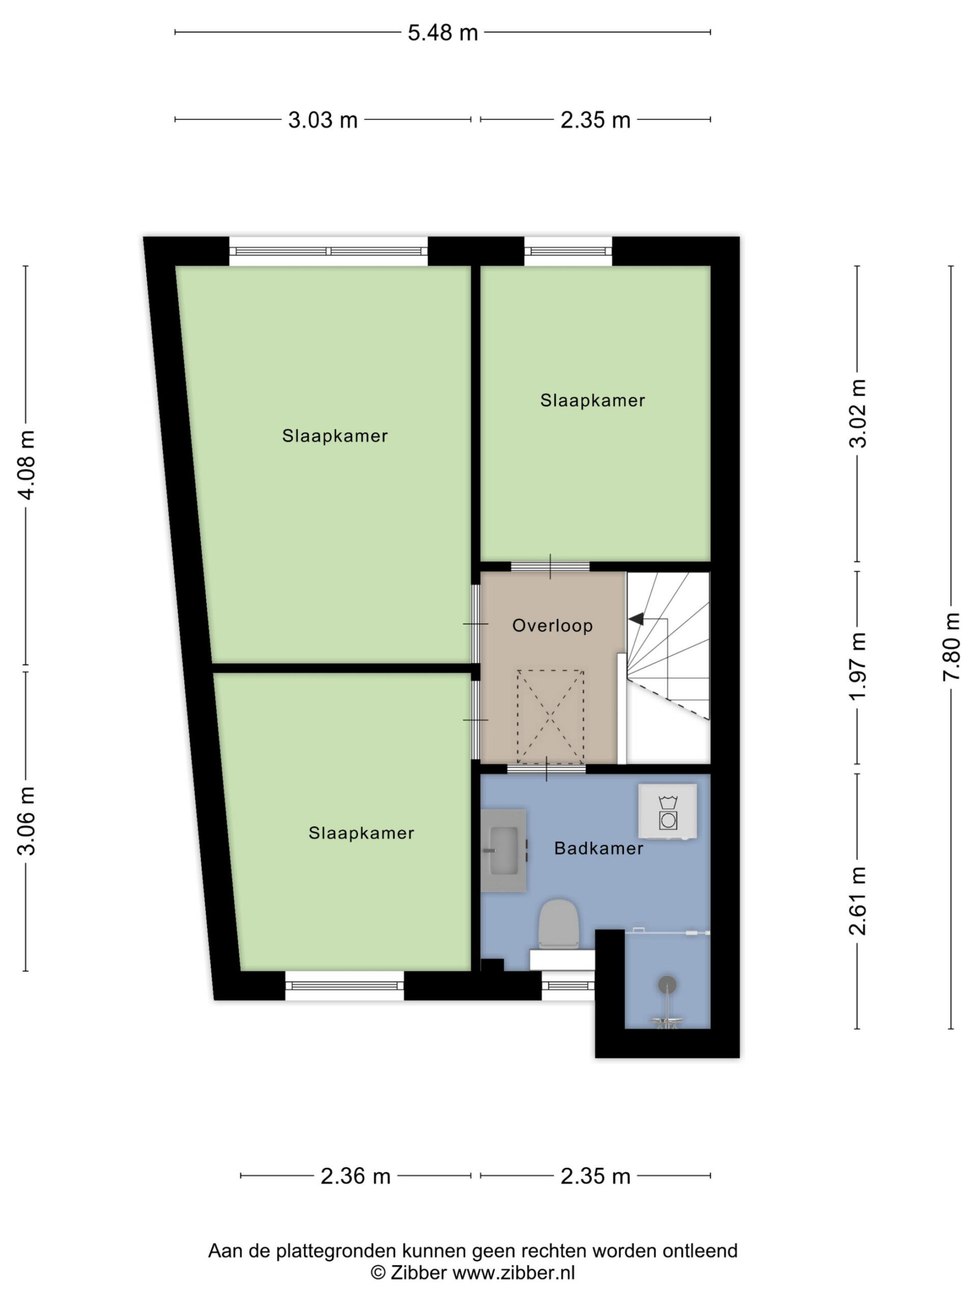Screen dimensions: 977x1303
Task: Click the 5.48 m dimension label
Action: click(442, 33)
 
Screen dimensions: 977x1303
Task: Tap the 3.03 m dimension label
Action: click(323, 120)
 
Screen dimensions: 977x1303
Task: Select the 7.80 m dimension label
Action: click(951, 647)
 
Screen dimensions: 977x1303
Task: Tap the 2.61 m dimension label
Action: click(858, 901)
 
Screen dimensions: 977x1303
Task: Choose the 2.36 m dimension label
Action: click(356, 1176)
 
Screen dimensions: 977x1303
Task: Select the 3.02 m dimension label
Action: click(858, 413)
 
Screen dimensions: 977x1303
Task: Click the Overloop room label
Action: click(553, 626)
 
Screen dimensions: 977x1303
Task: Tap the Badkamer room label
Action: click(599, 848)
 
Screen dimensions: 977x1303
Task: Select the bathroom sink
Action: click(504, 850)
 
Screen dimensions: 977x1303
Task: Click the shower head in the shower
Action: click(667, 984)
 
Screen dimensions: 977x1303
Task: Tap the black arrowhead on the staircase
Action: click(636, 619)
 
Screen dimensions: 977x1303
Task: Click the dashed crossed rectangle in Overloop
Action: click(551, 717)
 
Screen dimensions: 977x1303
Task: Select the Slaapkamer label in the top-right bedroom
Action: click(592, 401)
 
